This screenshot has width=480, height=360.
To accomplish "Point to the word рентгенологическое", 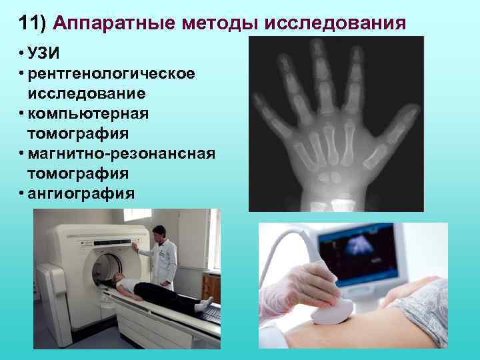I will (112, 73).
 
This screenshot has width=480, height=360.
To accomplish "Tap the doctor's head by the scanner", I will (159, 233).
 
